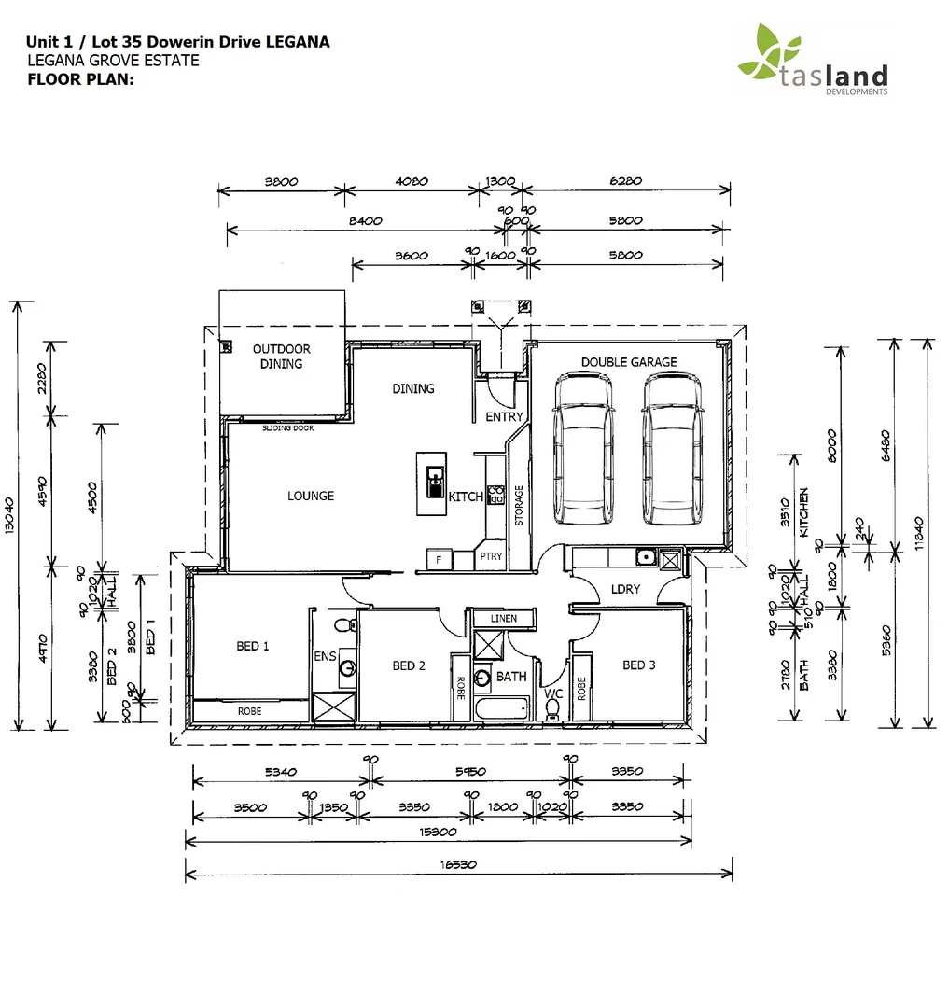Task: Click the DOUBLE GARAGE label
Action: pyautogui.click(x=629, y=362)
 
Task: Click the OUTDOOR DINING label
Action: pyautogui.click(x=282, y=357)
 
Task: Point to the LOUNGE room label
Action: pyautogui.click(x=311, y=496)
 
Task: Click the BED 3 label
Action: pyautogui.click(x=639, y=665)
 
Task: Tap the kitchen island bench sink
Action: pyautogui.click(x=434, y=483)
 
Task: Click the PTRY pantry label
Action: pyautogui.click(x=491, y=556)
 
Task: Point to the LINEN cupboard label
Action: pyautogui.click(x=504, y=619)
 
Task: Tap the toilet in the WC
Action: pyautogui.click(x=552, y=710)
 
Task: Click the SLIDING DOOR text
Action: pyautogui.click(x=287, y=429)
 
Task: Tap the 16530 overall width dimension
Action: pyautogui.click(x=459, y=865)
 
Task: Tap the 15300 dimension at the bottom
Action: pyautogui.click(x=438, y=832)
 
